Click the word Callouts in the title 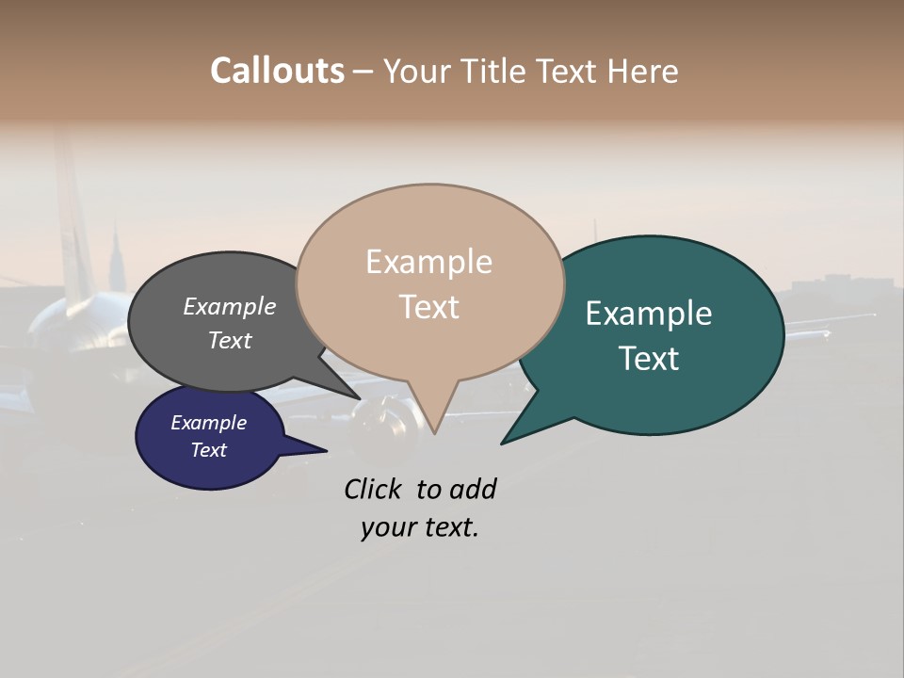277,71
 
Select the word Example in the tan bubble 428,262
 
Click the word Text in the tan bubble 428,307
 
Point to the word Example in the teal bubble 649,314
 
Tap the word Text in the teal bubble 649,359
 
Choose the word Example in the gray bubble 230,306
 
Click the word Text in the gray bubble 230,340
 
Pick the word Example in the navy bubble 209,423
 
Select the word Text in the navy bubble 209,450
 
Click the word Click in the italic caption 375,489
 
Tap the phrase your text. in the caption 420,527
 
